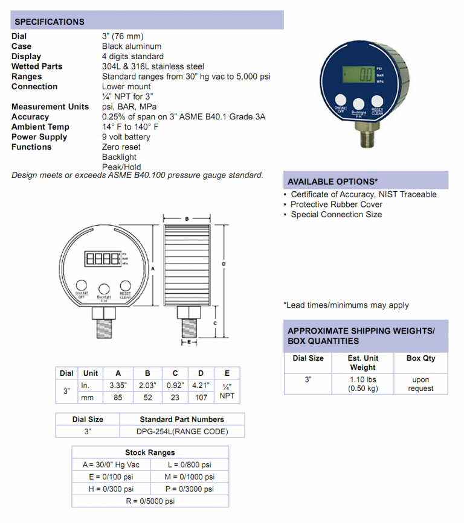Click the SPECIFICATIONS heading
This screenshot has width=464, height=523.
(50, 22)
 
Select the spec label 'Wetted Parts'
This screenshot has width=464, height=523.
(37, 66)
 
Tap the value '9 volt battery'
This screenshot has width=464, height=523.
(126, 137)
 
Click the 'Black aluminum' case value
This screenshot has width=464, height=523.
(132, 46)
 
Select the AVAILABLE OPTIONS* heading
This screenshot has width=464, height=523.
(333, 181)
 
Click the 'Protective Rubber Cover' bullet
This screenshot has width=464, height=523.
(337, 204)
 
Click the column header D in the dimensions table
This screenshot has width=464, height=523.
(201, 373)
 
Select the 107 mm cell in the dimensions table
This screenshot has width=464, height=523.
(201, 397)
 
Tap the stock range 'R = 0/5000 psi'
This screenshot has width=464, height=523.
(150, 501)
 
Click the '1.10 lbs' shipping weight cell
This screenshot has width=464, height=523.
(362, 379)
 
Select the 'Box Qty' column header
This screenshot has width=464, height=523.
(420, 358)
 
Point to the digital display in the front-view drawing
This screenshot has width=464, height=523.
(103, 260)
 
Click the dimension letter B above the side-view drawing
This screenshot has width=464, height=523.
(187, 218)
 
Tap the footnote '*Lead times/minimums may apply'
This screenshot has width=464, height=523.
(346, 305)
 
